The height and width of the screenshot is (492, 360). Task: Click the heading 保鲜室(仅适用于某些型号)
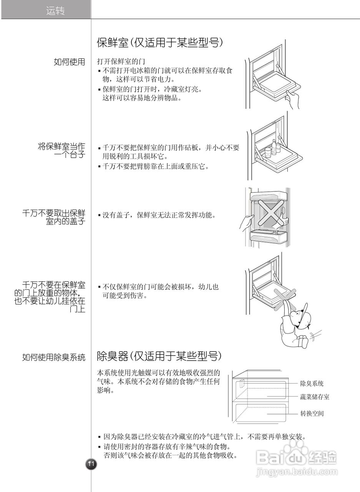point(160,43)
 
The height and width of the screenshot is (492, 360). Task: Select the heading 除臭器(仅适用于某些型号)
point(159,356)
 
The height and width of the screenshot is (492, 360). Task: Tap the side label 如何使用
point(70,62)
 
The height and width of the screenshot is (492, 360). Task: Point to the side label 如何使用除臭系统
point(53,357)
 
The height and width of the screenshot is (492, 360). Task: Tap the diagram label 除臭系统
point(312,383)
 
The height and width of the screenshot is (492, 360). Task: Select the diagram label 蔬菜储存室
point(314,397)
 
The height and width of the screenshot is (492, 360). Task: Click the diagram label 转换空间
point(312,414)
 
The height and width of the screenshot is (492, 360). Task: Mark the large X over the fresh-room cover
point(271,211)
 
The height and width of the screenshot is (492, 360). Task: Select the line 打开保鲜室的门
point(120,62)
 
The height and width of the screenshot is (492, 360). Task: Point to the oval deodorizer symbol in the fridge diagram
point(241,384)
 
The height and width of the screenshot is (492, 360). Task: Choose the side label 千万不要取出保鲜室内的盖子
point(54,217)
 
